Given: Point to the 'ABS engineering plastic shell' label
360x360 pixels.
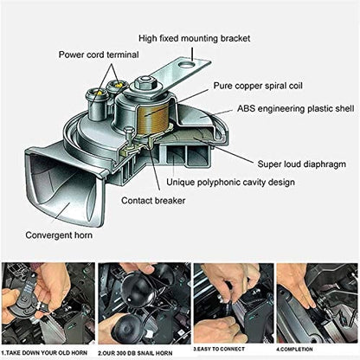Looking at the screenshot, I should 293,111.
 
